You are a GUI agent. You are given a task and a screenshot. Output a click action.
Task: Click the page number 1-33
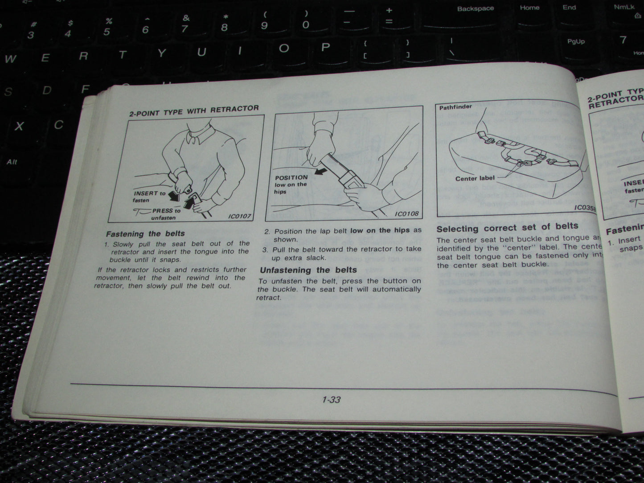click(331, 400)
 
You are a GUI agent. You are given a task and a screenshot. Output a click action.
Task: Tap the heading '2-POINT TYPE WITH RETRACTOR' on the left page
click(194, 110)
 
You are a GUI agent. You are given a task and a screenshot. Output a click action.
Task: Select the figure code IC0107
click(239, 216)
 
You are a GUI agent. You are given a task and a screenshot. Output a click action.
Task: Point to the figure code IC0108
click(406, 214)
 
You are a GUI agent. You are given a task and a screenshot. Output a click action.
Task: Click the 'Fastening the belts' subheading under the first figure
click(145, 233)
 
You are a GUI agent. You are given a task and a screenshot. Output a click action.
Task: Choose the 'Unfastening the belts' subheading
click(308, 270)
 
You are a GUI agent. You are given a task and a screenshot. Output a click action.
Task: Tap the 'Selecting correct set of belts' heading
click(507, 228)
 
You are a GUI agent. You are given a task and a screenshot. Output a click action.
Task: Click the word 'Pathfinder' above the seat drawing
click(455, 107)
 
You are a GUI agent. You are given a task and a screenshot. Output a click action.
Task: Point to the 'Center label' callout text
click(475, 178)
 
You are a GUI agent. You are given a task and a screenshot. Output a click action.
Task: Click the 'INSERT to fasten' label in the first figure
click(149, 196)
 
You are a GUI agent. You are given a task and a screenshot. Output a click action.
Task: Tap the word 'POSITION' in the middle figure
click(291, 177)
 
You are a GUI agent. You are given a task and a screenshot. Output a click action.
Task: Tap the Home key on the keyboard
click(529, 8)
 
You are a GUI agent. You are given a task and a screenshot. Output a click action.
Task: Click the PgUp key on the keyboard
click(575, 41)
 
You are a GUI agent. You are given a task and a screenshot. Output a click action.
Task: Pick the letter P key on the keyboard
click(325, 47)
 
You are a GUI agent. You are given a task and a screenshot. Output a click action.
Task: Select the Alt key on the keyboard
click(12, 162)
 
